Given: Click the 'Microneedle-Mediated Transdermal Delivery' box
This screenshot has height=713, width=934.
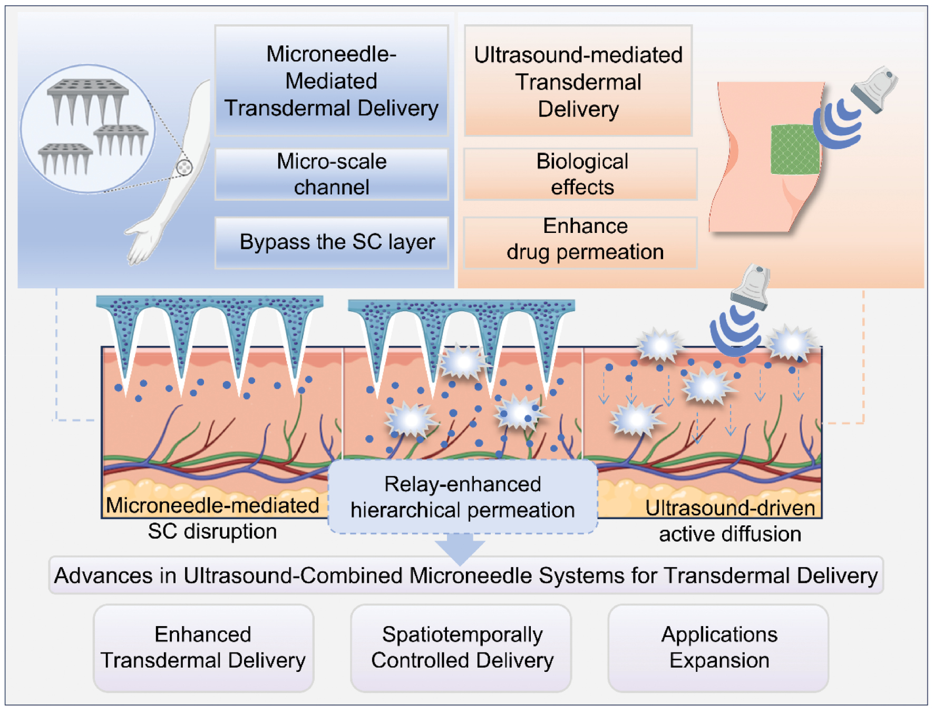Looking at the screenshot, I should coord(331,81).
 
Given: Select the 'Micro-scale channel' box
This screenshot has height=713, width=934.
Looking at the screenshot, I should coord(331,174).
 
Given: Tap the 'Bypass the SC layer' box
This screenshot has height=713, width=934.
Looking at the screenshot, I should coord(331,242).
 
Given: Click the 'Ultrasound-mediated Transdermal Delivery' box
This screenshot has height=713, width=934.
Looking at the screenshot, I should coord(578,81).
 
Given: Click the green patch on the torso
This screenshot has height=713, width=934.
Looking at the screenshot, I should coord(794,150).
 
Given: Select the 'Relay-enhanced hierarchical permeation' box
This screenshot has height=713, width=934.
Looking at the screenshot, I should coord(462,497).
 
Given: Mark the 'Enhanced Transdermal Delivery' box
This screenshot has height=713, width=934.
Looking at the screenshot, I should coord(203,647).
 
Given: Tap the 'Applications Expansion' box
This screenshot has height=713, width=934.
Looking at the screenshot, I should coord(718,647).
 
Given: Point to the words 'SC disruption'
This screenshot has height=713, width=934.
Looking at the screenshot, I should coord(212,531).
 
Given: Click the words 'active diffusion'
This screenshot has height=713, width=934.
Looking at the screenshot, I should coord(729,534).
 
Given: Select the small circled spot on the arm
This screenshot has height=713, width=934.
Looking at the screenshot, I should coord(184,168).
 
